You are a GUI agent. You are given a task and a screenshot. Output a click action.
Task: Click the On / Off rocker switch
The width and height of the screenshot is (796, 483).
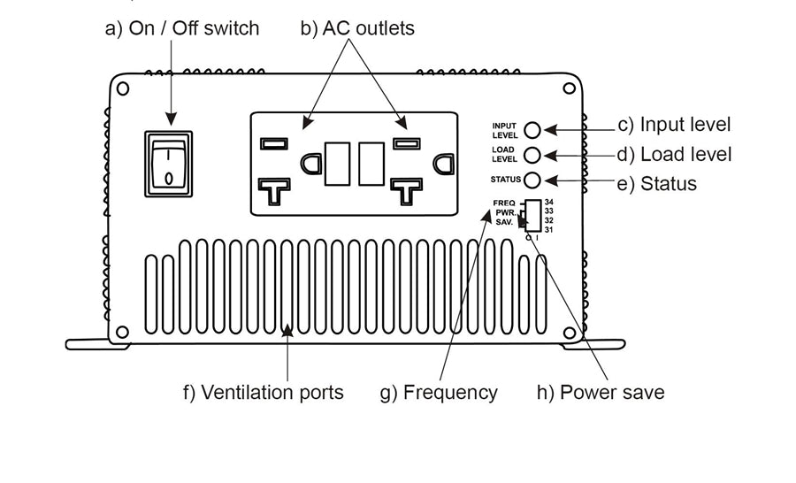click(x=169, y=165)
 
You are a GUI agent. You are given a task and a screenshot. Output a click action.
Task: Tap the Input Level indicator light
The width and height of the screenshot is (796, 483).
click(x=533, y=130)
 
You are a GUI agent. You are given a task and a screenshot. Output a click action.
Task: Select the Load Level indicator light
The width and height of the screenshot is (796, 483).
click(x=533, y=156)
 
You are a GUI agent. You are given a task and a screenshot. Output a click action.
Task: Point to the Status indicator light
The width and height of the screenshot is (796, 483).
click(x=533, y=180)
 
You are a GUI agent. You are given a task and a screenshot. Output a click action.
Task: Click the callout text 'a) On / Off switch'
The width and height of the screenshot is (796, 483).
click(x=182, y=28)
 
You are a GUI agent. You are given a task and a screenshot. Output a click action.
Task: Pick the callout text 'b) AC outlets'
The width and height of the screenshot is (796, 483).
click(x=357, y=28)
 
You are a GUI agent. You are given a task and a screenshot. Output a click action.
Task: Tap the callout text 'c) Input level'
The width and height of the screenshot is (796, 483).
click(x=674, y=125)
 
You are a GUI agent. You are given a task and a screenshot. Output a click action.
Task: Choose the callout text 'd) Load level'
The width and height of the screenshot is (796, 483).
click(x=674, y=155)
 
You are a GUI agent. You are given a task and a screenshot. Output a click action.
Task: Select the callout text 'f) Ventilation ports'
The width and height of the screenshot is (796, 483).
click(x=264, y=392)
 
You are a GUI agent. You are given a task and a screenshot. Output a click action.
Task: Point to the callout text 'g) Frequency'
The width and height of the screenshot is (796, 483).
click(x=439, y=392)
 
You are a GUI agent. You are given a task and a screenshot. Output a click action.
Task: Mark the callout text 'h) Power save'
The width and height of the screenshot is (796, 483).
click(x=601, y=392)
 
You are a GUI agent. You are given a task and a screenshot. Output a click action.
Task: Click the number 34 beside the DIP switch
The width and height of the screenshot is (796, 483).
click(x=549, y=203)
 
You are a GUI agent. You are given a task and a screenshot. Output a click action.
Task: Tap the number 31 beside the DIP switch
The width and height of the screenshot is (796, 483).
click(x=549, y=230)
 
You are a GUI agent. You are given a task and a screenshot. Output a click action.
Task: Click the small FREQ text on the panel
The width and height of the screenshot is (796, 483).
click(x=504, y=203)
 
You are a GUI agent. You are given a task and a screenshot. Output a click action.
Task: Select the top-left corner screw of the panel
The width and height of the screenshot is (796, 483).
click(x=123, y=88)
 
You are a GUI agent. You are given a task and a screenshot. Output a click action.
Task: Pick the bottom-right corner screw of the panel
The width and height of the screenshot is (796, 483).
click(x=570, y=333)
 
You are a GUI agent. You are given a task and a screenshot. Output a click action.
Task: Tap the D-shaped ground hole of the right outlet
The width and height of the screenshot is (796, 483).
click(x=444, y=163)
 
